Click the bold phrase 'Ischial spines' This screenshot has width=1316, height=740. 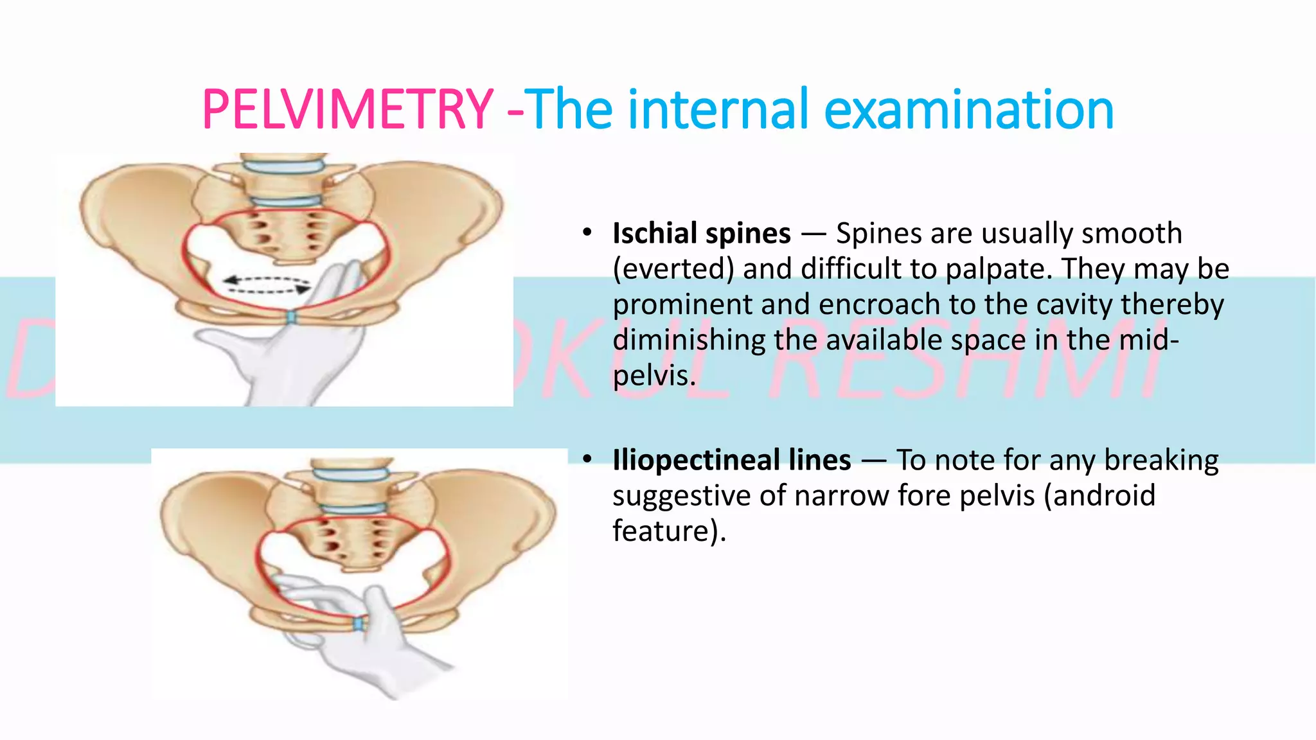click(x=702, y=233)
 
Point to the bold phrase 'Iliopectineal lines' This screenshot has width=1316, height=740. click(x=732, y=460)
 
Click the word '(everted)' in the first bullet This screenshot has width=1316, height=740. click(x=673, y=269)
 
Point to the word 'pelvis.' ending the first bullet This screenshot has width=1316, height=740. click(x=654, y=375)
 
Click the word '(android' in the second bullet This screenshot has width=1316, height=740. click(x=1099, y=495)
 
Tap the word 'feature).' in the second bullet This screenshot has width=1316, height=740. click(x=669, y=531)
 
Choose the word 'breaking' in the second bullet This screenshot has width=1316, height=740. click(x=1161, y=460)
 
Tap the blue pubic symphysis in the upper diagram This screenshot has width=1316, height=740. click(x=290, y=317)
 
